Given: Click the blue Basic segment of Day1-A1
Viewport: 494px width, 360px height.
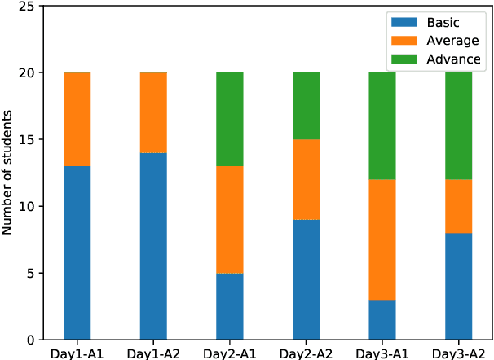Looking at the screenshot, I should pyautogui.click(x=77, y=252).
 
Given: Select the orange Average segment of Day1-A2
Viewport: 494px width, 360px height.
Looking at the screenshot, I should pyautogui.click(x=153, y=113).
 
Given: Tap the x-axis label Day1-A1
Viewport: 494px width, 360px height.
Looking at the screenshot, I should pyautogui.click(x=77, y=352).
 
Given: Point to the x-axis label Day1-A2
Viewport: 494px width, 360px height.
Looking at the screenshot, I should pyautogui.click(x=153, y=352).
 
